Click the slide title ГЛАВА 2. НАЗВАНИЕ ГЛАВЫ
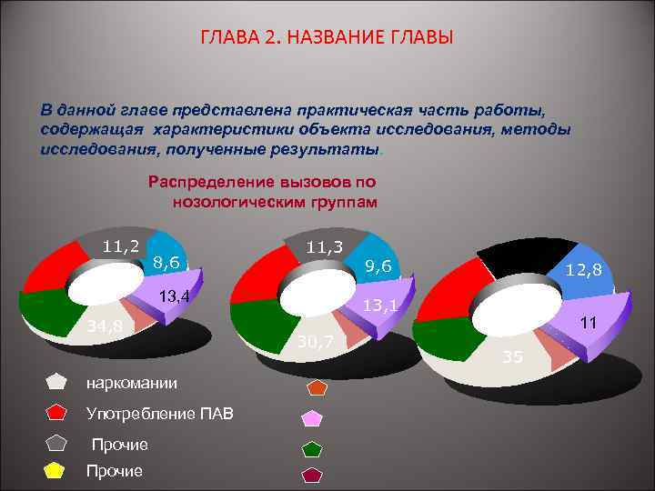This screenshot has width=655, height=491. point(327,39)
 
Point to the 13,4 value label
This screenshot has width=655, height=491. point(173,296)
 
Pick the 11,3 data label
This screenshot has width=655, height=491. point(324,246)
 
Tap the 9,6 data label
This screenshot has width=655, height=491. point(378,266)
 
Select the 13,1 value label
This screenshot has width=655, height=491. point(380,306)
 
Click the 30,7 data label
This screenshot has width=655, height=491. point(317,341)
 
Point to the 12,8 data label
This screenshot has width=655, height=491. point(583,270)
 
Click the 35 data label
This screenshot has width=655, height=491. point(513,356)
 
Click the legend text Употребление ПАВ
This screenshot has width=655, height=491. point(159,415)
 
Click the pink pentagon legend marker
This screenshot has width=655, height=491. point(312,417)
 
